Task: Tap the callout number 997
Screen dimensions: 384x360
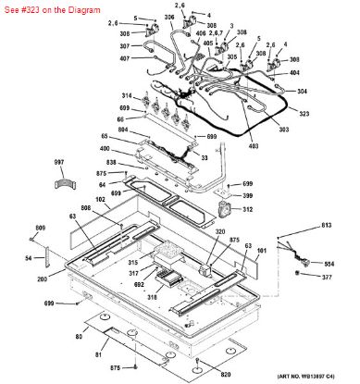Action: (x=60, y=162)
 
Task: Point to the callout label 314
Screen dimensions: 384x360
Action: (x=126, y=95)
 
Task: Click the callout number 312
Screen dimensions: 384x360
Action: (x=249, y=210)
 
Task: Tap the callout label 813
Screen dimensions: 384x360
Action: (x=326, y=225)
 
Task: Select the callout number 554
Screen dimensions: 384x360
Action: (x=328, y=262)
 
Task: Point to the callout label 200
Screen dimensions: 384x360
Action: (x=42, y=279)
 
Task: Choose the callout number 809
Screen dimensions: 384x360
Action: (x=41, y=228)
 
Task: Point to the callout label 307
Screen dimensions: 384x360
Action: (x=125, y=46)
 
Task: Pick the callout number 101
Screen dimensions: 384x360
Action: (x=261, y=249)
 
